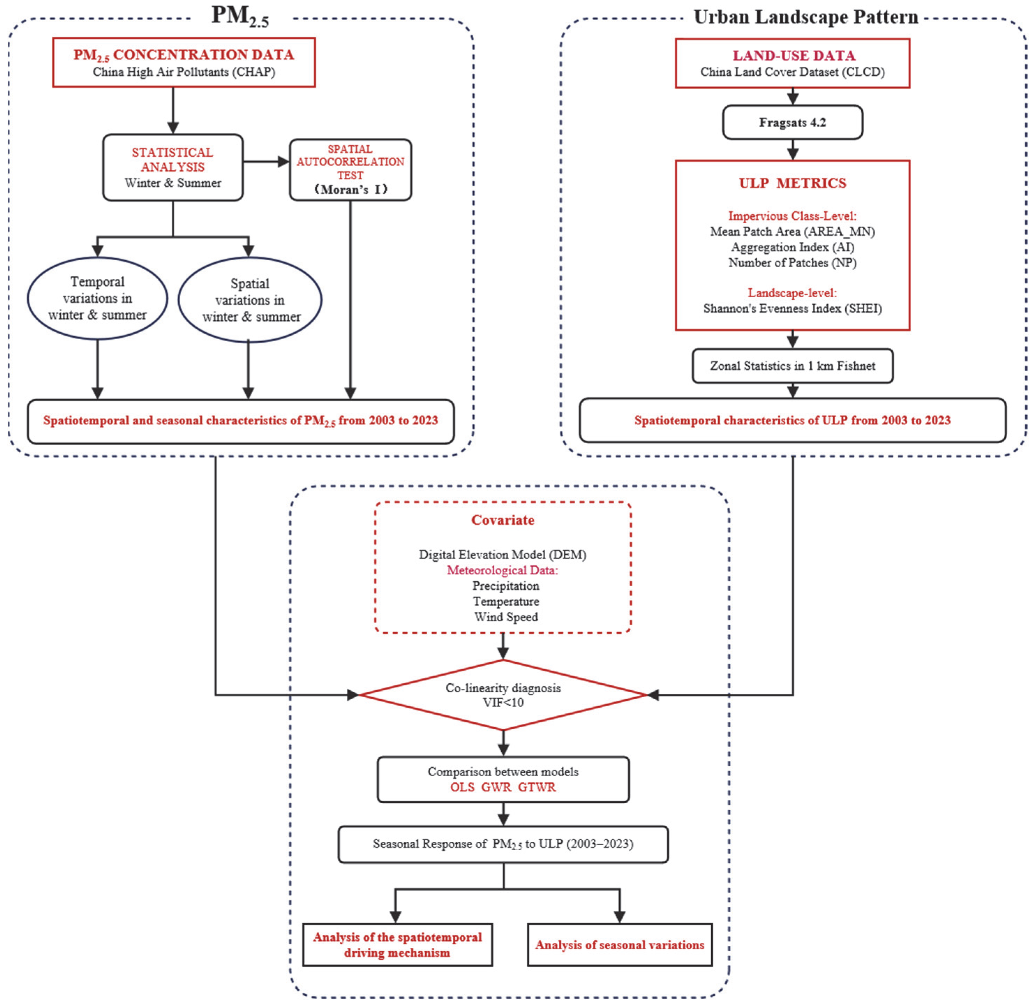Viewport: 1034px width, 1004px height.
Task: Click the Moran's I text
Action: click(x=350, y=189)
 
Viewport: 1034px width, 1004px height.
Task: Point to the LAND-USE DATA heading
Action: click(x=793, y=55)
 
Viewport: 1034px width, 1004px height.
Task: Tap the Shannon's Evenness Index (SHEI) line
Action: click(x=792, y=308)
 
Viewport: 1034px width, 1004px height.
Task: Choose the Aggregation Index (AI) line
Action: click(x=792, y=247)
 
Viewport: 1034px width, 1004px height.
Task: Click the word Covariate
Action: click(x=503, y=520)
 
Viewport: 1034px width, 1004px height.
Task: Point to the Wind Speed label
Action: click(x=506, y=617)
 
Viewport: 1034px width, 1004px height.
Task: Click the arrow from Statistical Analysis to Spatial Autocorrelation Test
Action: click(x=267, y=162)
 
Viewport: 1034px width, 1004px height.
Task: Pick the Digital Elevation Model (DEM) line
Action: click(x=503, y=554)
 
